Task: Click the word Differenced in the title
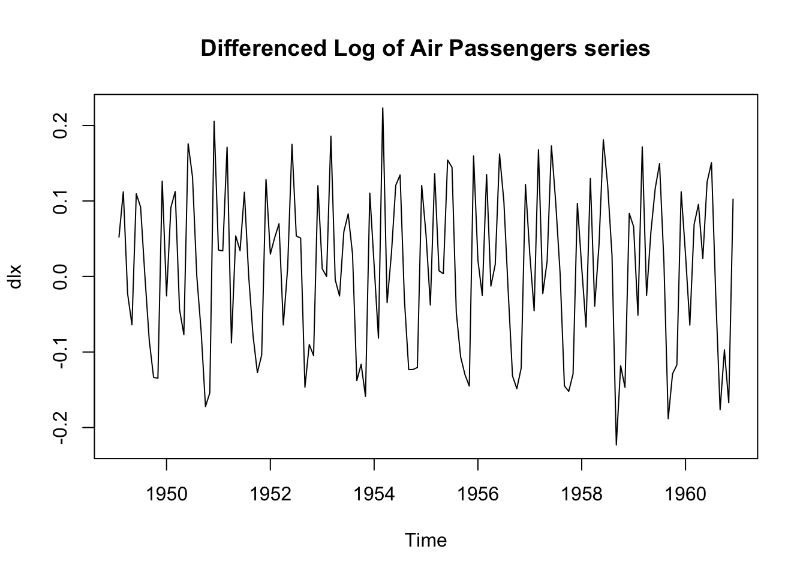pos(263,48)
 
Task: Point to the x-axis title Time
pos(426,540)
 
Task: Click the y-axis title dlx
pos(15,277)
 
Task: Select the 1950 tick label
pos(167,494)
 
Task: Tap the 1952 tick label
pos(270,494)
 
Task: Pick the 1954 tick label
pos(374,494)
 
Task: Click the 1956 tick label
pos(478,494)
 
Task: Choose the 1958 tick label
pos(582,494)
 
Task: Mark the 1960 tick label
pos(685,494)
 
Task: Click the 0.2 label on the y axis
pos(60,125)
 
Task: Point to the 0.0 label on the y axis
pos(60,277)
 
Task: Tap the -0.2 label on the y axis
pos(60,427)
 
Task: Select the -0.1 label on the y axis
pos(60,352)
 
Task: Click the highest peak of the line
pos(383,107)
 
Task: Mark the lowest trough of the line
pos(616,445)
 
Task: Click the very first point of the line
pos(119,237)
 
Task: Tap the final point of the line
pos(733,199)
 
